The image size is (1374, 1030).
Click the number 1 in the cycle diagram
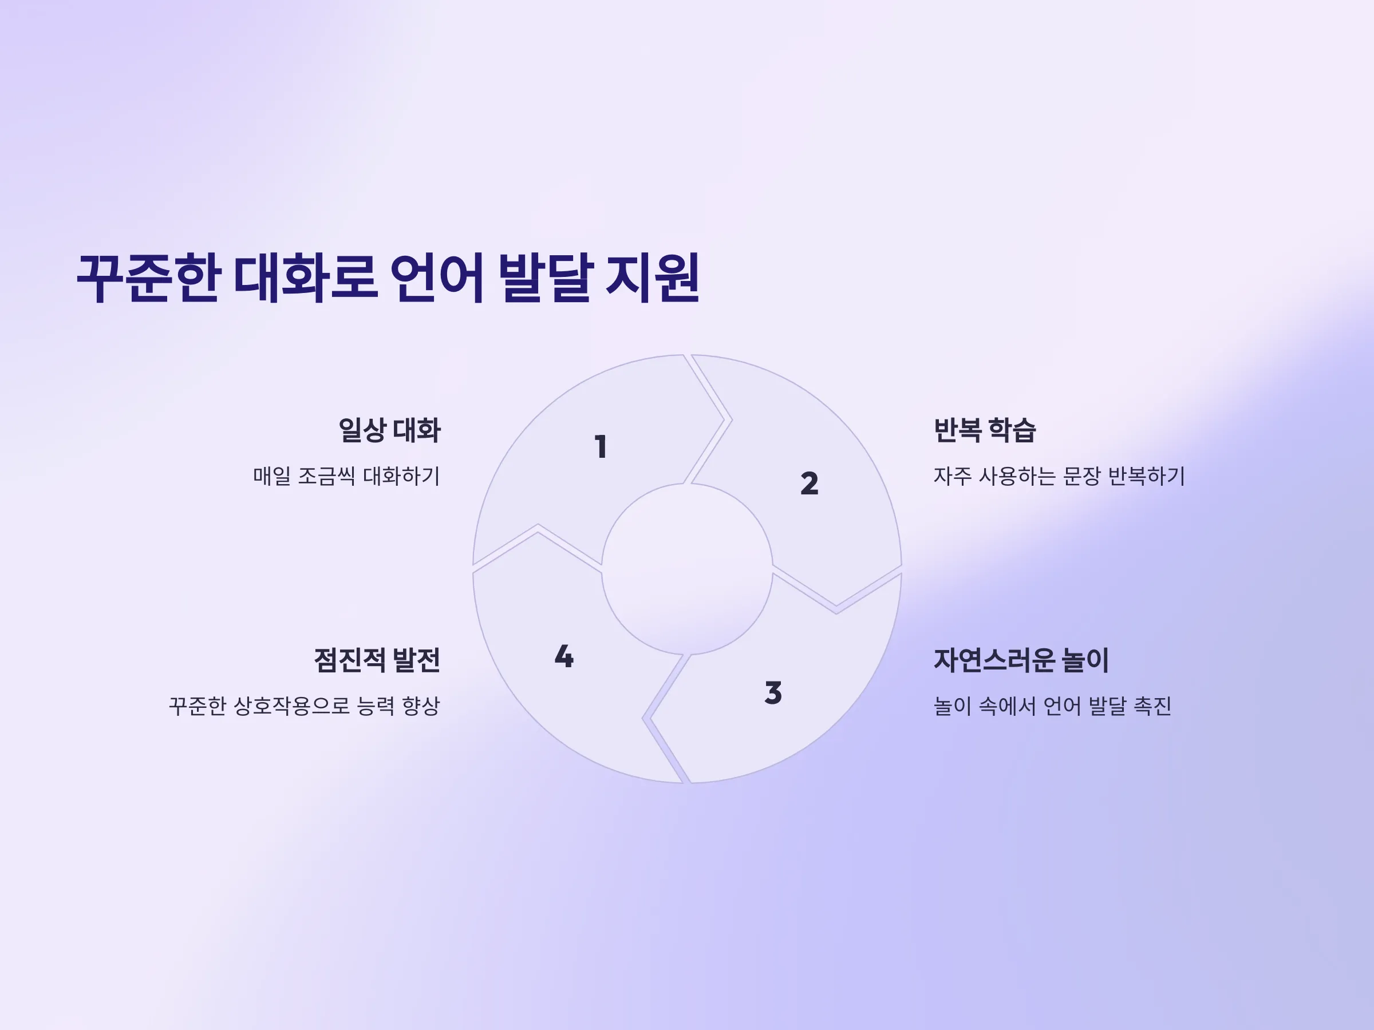pyautogui.click(x=601, y=446)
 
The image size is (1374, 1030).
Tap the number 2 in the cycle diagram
pyautogui.click(x=810, y=483)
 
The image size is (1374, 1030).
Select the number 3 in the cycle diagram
pyautogui.click(x=773, y=692)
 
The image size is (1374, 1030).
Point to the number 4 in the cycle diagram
pyautogui.click(x=564, y=656)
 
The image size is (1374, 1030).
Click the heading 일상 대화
pyautogui.click(x=389, y=430)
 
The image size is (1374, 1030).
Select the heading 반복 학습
pyautogui.click(x=985, y=430)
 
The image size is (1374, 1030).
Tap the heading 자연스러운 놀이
pyautogui.click(x=1021, y=659)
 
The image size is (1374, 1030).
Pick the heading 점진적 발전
pyautogui.click(x=377, y=659)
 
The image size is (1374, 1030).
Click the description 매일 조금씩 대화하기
pyautogui.click(x=346, y=476)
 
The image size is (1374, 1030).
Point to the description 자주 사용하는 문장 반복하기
pyautogui.click(x=1059, y=476)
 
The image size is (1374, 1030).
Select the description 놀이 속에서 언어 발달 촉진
pyautogui.click(x=1052, y=706)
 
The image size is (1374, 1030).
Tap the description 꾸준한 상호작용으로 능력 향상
pyautogui.click(x=305, y=706)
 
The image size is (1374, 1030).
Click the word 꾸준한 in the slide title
pyautogui.click(x=149, y=278)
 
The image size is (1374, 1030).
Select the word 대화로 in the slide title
pyautogui.click(x=306, y=278)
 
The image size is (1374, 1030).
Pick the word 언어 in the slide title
pyautogui.click(x=437, y=278)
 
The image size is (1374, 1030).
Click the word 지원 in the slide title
pyautogui.click(x=652, y=278)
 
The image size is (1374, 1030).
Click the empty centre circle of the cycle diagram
pyautogui.click(x=687, y=569)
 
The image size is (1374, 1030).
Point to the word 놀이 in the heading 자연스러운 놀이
pyautogui.click(x=1084, y=659)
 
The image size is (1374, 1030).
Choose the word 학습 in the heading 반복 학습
pyautogui.click(x=1012, y=430)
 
